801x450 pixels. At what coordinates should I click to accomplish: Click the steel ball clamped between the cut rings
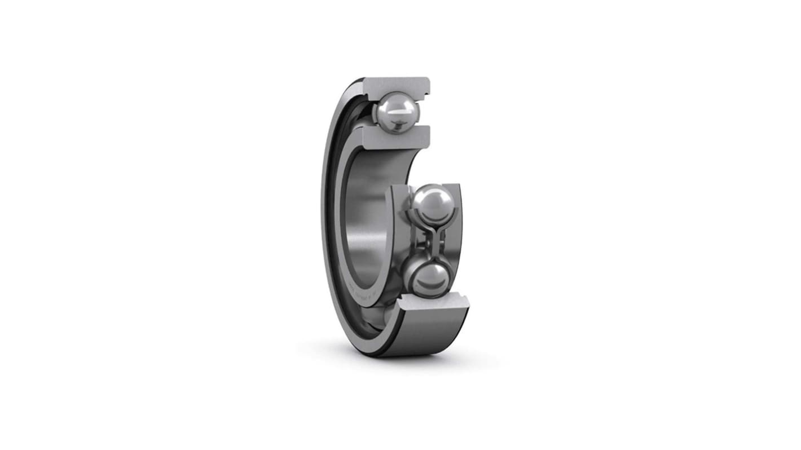397,112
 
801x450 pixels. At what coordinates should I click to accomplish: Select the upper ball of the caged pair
432,203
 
